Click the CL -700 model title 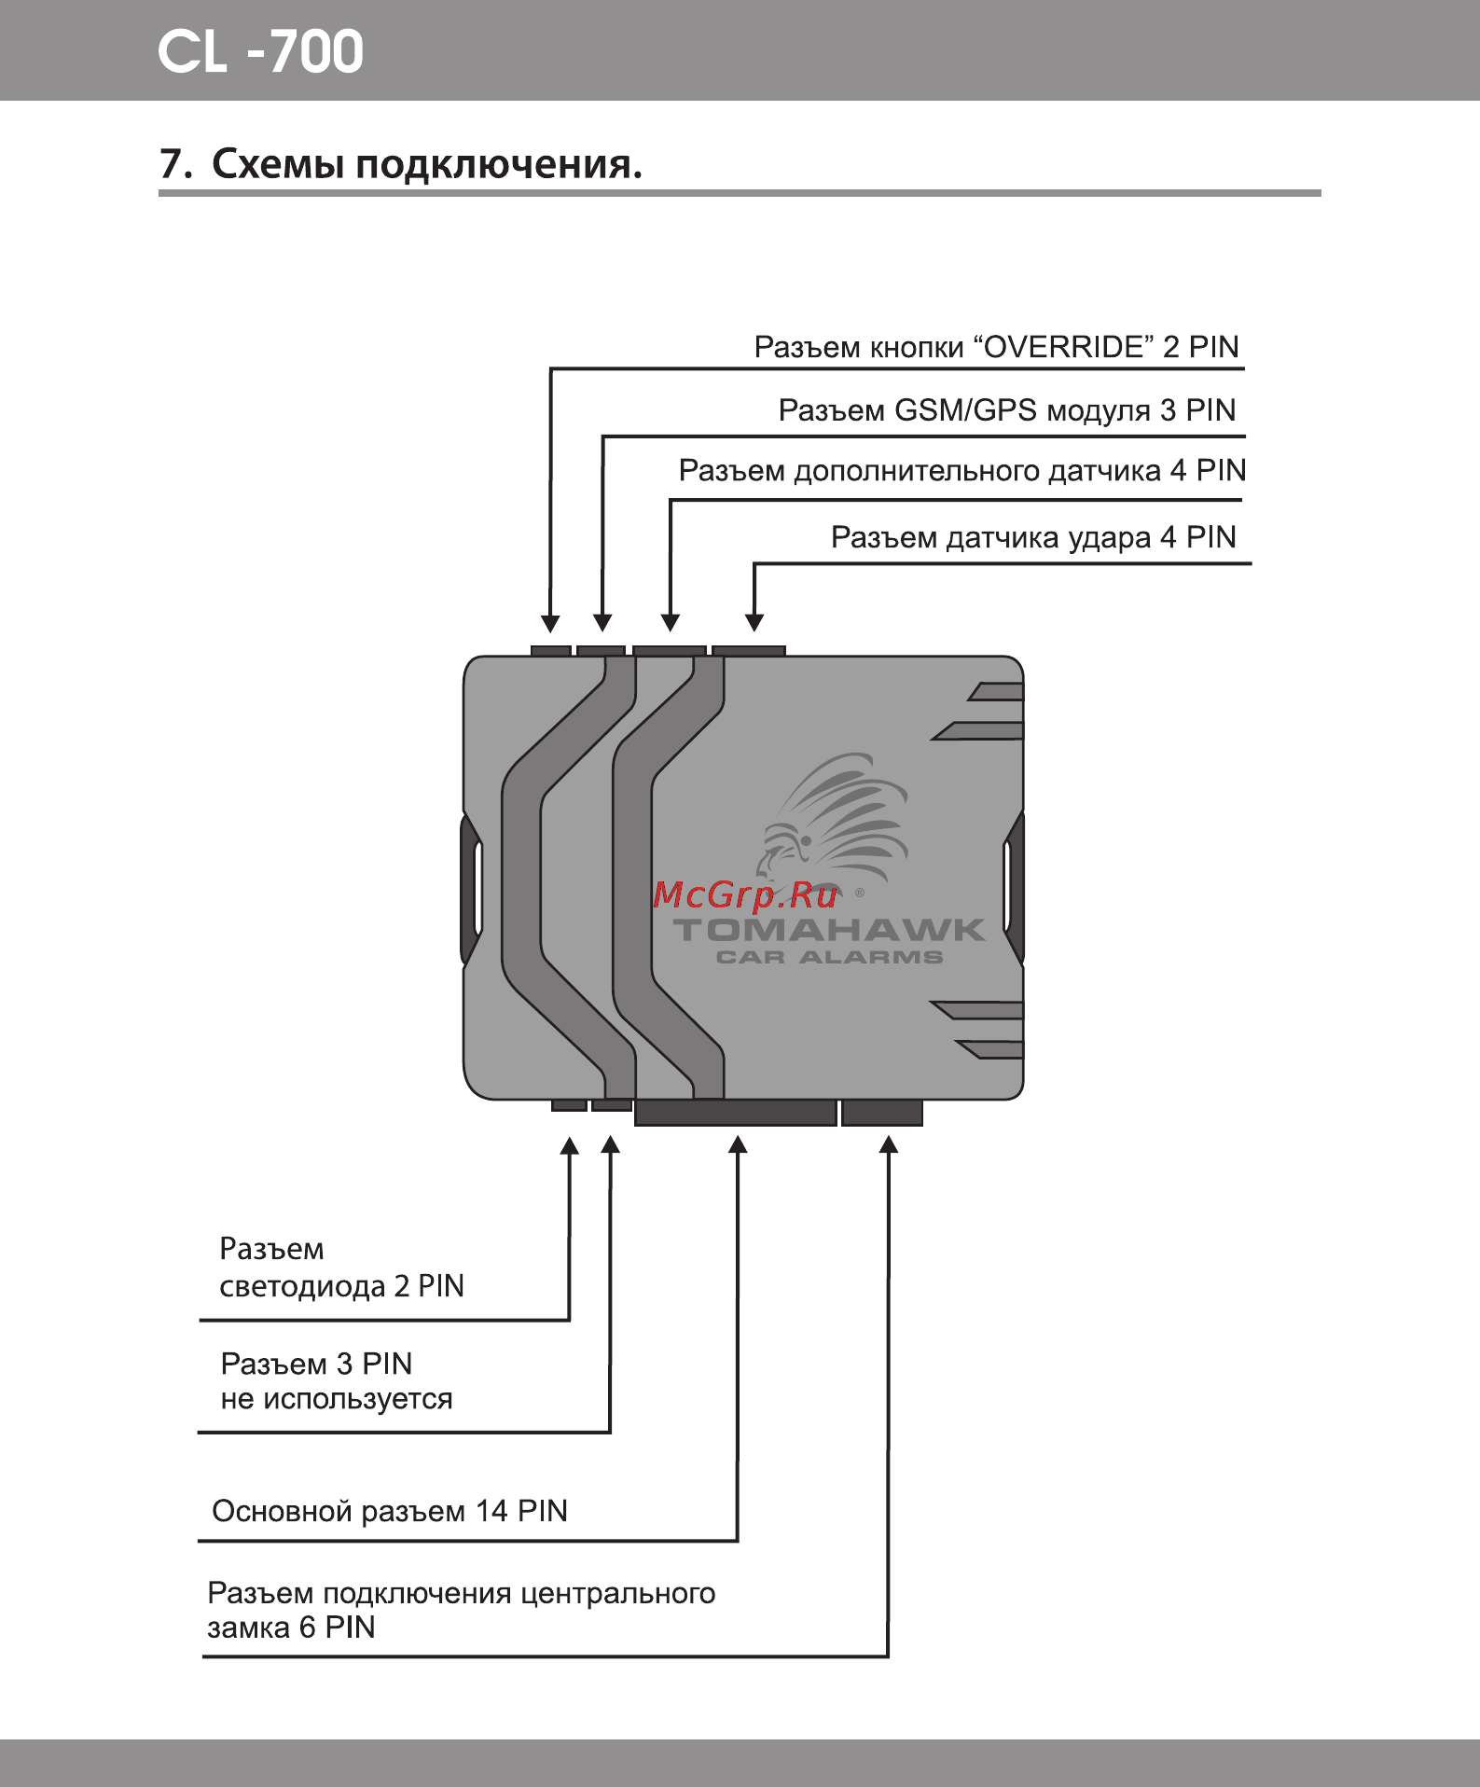260,51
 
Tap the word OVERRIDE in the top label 1064,347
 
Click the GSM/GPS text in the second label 965,410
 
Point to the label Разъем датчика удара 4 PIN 1032,537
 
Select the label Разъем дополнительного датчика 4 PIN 961,470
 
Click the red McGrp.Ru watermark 745,895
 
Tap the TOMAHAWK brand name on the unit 829,930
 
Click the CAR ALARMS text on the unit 829,957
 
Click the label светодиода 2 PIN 341,1286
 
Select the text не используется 337,1399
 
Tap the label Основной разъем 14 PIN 390,1511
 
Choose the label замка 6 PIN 291,1628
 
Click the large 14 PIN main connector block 735,1113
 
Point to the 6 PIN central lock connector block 881,1113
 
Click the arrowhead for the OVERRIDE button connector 551,623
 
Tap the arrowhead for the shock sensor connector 754,622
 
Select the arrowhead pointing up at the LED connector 569,1146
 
